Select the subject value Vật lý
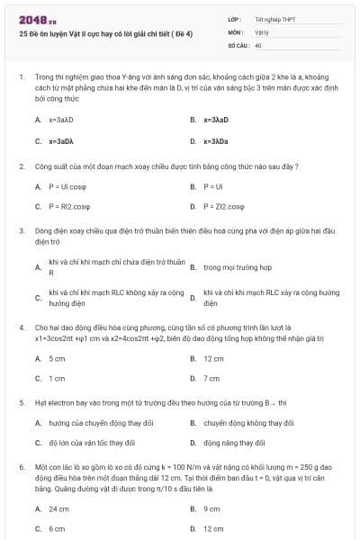coord(262,31)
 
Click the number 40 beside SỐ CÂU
coord(258,44)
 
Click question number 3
coord(22,230)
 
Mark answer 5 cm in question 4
coord(57,358)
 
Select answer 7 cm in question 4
coord(211,378)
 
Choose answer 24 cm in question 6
coord(58,508)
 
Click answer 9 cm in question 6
coord(211,508)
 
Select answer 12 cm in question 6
coord(213,528)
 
